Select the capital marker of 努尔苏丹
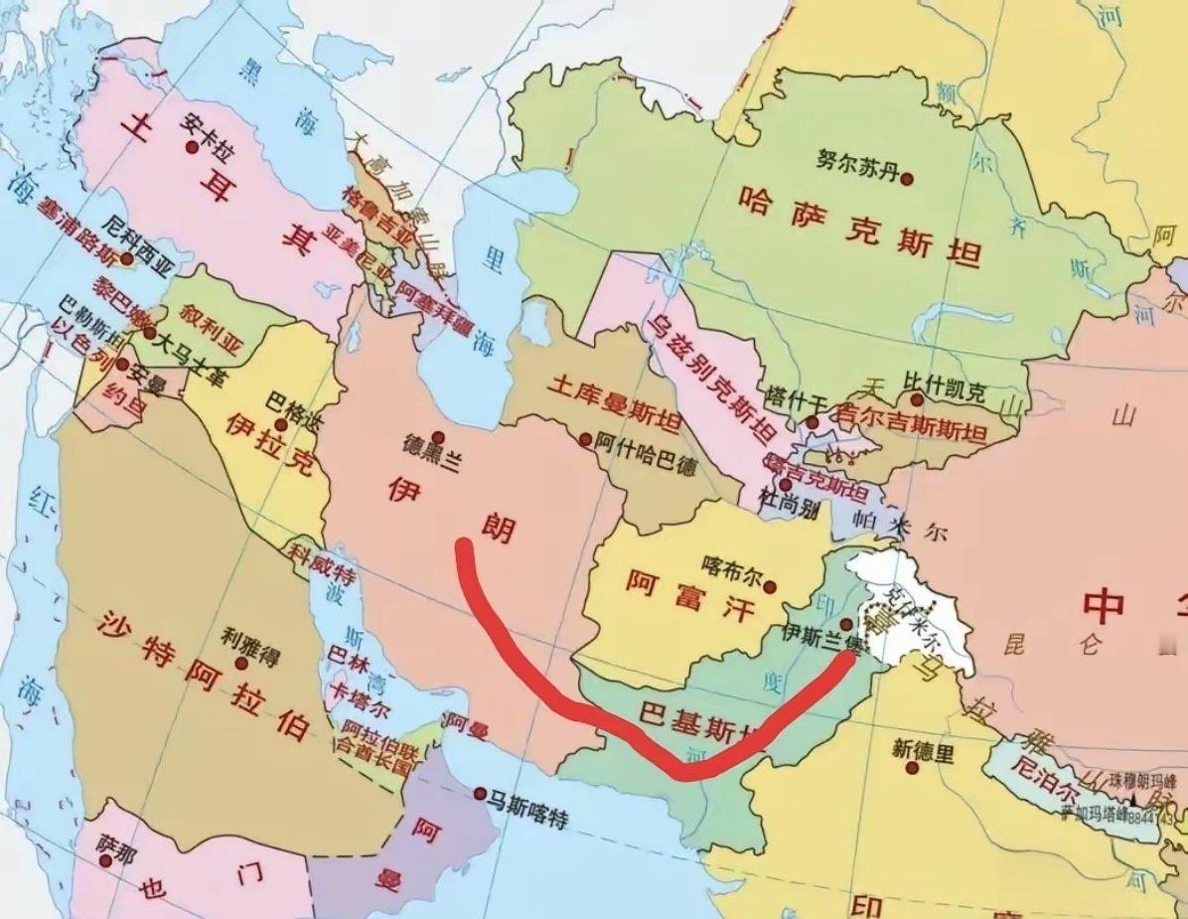click(906, 177)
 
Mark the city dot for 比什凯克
click(917, 399)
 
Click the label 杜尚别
click(788, 503)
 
